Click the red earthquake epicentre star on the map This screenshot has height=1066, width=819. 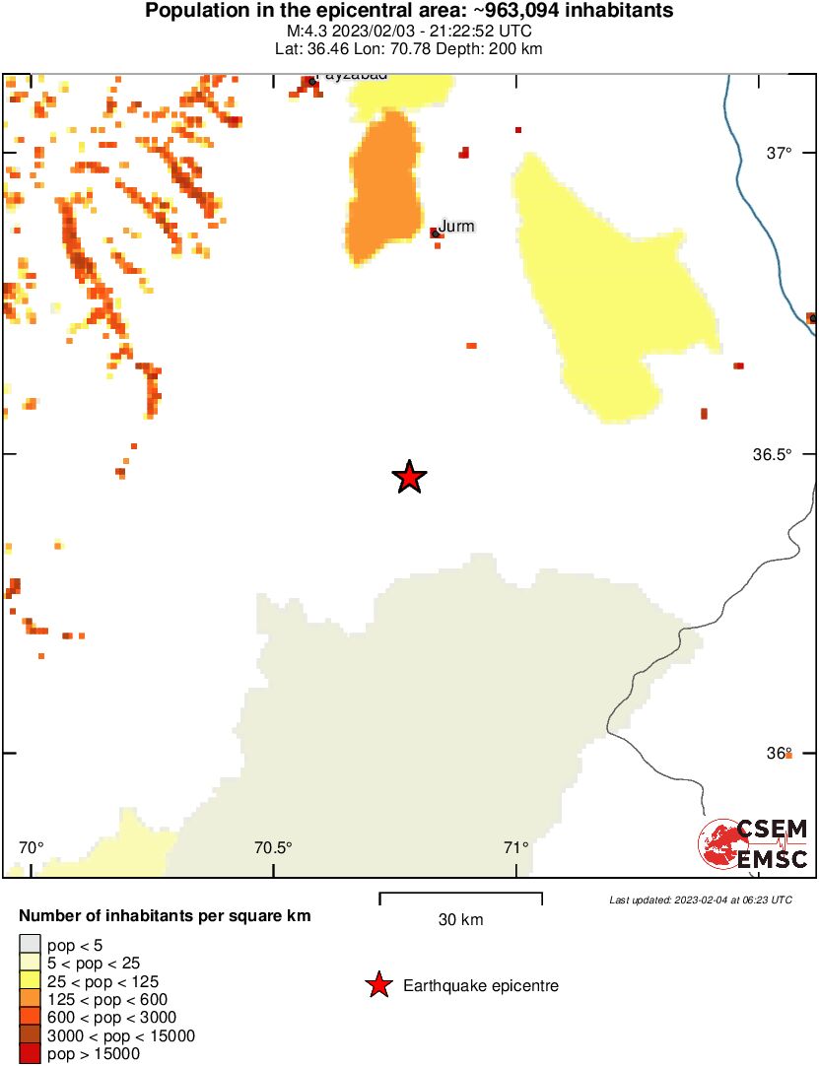[409, 478]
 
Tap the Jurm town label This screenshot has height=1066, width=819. [456, 227]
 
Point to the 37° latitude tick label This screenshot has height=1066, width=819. [780, 153]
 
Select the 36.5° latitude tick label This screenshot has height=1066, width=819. [774, 454]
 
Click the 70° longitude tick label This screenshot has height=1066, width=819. [32, 847]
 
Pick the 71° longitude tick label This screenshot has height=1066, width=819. [515, 847]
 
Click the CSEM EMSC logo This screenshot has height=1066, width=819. [754, 845]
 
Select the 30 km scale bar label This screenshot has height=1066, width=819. [460, 920]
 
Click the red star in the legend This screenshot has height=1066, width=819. [377, 985]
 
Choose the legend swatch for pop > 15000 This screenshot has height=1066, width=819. [30, 1054]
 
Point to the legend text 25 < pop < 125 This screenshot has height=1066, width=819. [103, 982]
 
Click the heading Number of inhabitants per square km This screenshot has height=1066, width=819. [166, 916]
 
